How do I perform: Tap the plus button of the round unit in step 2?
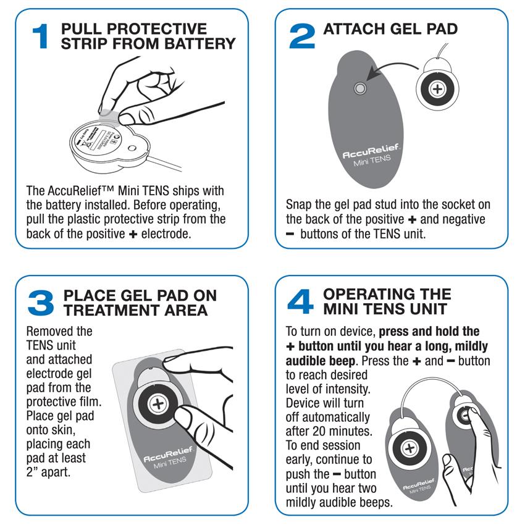point(437,90)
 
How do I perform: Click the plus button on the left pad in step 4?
point(408,448)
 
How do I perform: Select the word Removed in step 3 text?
point(51,332)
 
